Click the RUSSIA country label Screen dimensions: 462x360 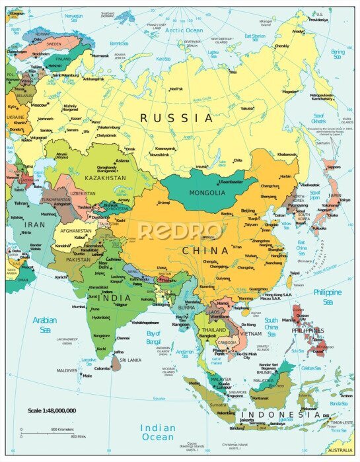[x=176, y=118]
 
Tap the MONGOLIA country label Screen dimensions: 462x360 [x=207, y=193]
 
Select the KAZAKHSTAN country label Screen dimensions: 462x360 [x=104, y=178]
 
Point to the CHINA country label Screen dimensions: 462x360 [x=205, y=250]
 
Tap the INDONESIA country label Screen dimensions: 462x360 [x=285, y=414]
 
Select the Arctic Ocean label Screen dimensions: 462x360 [x=184, y=30]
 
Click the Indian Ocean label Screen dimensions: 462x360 [x=158, y=432]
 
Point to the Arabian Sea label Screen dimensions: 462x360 [x=45, y=324]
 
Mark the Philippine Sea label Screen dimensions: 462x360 [x=328, y=295]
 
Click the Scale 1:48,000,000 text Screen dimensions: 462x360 [x=52, y=411]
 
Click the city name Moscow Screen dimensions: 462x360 [x=39, y=105]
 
